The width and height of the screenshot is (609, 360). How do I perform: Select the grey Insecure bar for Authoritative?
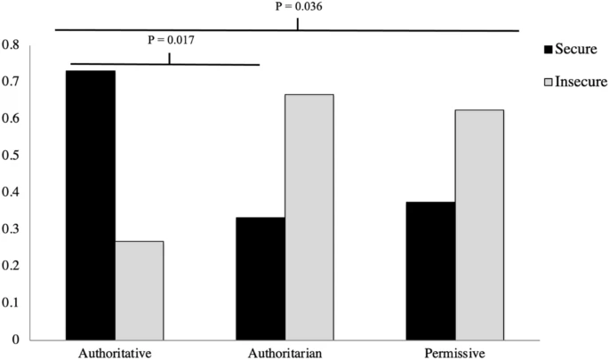[x=140, y=290]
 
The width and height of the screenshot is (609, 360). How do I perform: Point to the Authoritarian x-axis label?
[x=284, y=350]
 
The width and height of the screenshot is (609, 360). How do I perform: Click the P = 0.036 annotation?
[x=297, y=7]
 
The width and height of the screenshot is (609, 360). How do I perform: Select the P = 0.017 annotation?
[x=169, y=40]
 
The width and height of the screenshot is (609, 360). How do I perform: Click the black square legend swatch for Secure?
[x=547, y=48]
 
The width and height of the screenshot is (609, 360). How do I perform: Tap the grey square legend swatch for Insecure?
[x=547, y=83]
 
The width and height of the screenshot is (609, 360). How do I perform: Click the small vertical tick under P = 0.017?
[x=169, y=58]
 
